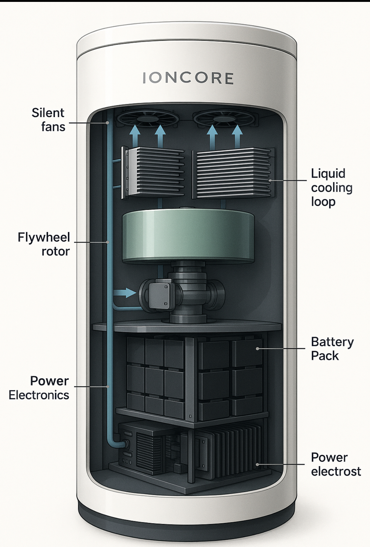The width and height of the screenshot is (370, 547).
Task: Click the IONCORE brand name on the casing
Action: [188, 78]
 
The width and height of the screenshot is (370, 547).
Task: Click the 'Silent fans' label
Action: [49, 120]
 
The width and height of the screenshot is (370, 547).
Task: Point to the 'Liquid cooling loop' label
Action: [331, 187]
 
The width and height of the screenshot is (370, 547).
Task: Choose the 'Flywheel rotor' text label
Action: [44, 244]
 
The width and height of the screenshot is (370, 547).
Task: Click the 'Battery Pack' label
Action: [332, 349]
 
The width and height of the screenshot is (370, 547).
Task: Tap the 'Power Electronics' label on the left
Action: [39, 388]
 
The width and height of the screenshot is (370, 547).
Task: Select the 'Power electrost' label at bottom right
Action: [335, 464]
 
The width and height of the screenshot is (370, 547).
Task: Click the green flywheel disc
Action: [188, 237]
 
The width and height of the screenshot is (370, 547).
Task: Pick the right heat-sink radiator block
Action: [233, 173]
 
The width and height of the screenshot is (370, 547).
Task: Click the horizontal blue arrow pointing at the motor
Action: [125, 293]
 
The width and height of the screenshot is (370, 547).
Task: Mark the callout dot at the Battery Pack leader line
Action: [257, 348]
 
